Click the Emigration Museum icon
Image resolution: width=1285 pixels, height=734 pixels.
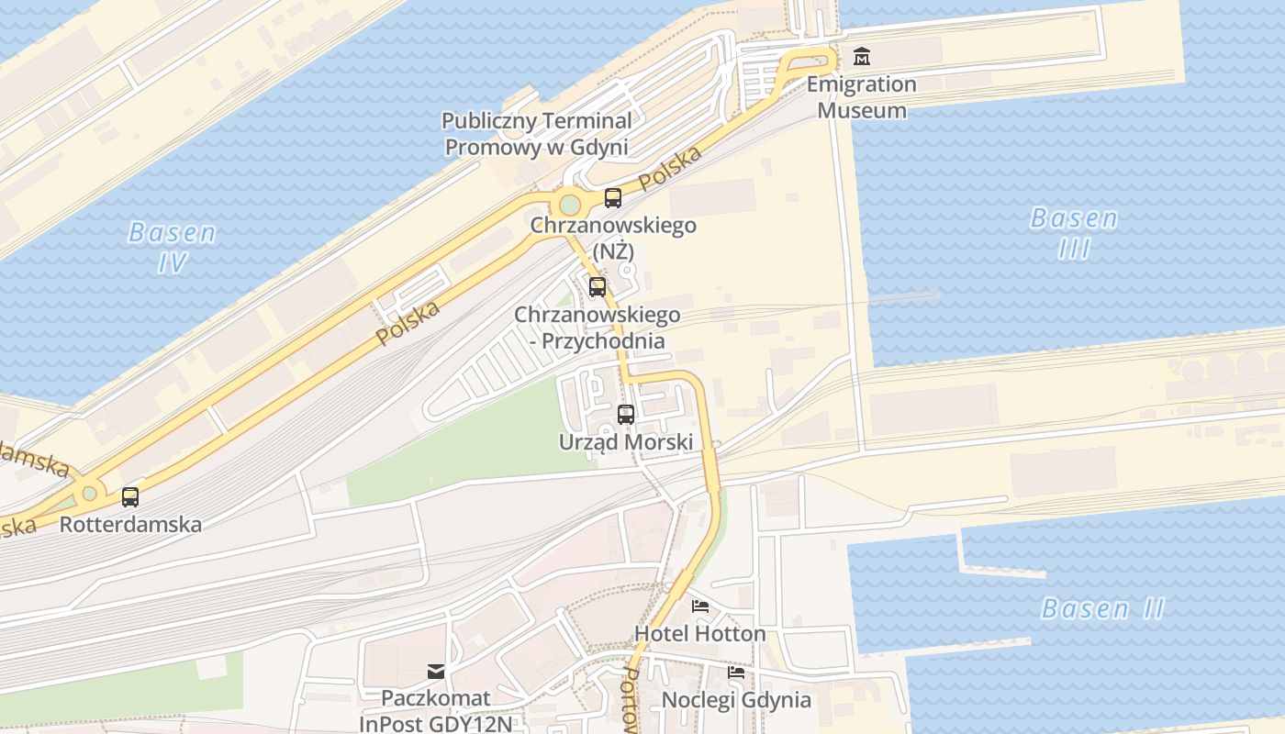[861, 58]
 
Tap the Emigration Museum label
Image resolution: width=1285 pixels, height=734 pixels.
[862, 97]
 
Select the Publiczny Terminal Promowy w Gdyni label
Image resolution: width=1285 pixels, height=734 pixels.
[537, 134]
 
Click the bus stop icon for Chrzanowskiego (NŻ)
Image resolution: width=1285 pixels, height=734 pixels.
[612, 197]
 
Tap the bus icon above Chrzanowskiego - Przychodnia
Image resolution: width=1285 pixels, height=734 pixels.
[597, 287]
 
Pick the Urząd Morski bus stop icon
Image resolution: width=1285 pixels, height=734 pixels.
[626, 414]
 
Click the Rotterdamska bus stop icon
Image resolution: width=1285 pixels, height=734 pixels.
[130, 497]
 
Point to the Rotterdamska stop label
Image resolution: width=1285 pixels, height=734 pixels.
[130, 525]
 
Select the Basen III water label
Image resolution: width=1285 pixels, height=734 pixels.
[1074, 233]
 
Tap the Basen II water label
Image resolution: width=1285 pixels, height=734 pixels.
[1102, 608]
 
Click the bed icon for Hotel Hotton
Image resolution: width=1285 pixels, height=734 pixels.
[700, 606]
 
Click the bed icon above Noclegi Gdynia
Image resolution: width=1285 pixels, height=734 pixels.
[736, 673]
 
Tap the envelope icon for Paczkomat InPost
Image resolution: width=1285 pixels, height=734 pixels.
[436, 672]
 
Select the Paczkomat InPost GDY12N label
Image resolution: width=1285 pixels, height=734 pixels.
[436, 711]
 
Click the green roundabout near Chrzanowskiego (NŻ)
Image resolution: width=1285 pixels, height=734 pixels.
[569, 204]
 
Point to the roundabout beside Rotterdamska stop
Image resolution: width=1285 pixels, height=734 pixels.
[89, 494]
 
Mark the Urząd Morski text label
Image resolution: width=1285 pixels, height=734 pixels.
[626, 441]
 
